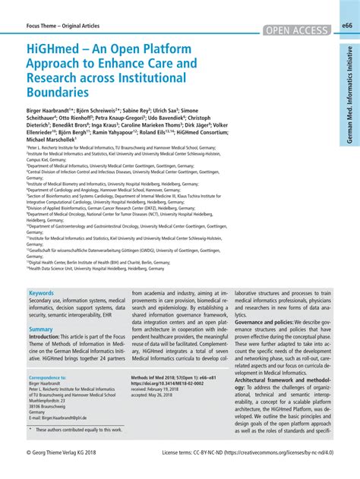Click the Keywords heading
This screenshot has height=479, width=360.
point(41,292)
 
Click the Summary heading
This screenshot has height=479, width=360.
point(41,329)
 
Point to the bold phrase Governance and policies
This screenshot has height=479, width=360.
point(270,322)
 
